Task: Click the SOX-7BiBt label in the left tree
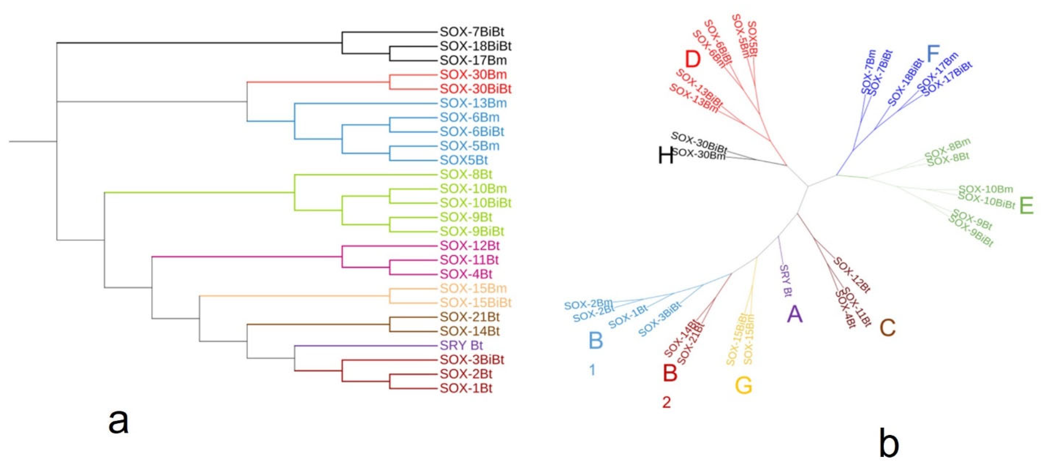pos(472,32)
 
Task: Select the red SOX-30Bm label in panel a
pos(473,74)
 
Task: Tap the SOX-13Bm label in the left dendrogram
pos(473,103)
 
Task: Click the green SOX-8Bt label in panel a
pos(466,175)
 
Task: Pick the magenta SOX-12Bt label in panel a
pos(469,246)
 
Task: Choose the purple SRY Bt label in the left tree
pos(461,345)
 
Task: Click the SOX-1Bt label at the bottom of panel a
pos(466,388)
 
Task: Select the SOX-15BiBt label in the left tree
pos(475,303)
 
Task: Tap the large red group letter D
pos(692,59)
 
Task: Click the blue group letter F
pos(933,54)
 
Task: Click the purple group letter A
pos(794,314)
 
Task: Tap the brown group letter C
pos(887,327)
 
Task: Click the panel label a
pos(118,421)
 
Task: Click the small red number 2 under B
pos(666,402)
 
